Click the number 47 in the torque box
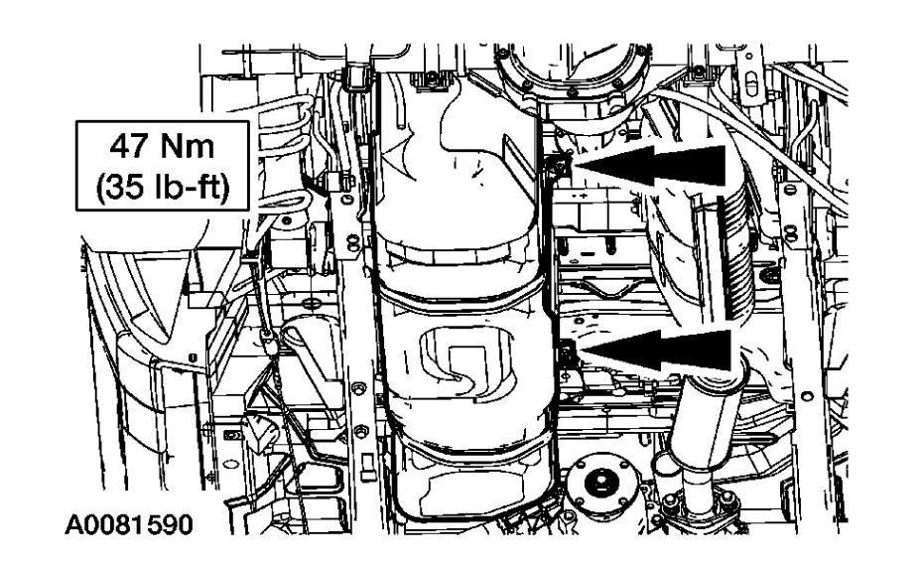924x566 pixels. (x=128, y=146)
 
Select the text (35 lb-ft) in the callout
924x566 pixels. (x=162, y=190)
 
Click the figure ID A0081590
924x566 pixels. (x=129, y=524)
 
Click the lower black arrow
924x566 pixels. (x=655, y=351)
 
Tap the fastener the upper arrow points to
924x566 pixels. (x=558, y=166)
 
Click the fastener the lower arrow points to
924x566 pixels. (x=567, y=353)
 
